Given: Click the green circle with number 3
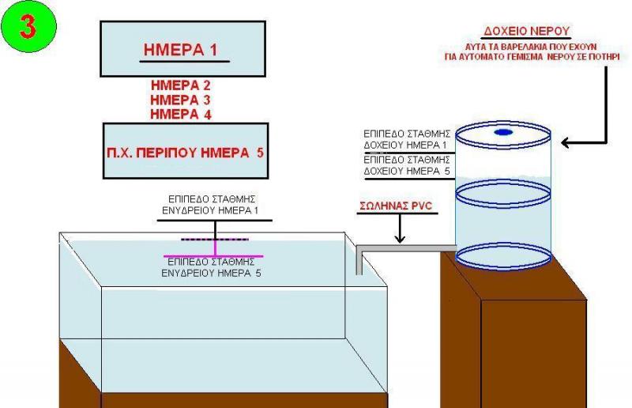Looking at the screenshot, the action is (28, 27).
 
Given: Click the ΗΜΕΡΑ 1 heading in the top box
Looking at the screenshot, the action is (180, 50).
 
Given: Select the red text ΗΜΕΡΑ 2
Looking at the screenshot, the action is (181, 85).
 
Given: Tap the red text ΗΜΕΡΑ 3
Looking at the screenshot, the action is (181, 100).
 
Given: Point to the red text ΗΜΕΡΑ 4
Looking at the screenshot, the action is (181, 114).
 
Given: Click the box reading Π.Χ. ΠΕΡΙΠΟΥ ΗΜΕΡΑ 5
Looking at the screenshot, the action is (186, 151).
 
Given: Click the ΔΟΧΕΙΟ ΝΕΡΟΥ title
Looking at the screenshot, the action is (526, 31).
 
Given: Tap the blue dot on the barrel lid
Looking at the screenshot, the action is (503, 132).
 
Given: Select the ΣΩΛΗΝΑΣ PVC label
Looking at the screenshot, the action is (396, 206).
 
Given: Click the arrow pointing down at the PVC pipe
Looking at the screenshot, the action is (400, 229).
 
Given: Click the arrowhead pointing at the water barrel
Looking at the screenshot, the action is (566, 142).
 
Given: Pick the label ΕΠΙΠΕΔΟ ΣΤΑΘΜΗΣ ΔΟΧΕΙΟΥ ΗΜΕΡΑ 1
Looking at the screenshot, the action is (407, 139).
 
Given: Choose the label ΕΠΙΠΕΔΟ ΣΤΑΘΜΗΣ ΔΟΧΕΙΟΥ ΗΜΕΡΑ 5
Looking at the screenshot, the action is (407, 165).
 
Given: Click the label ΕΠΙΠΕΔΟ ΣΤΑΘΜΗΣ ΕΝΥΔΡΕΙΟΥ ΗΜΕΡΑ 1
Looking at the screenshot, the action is (211, 205).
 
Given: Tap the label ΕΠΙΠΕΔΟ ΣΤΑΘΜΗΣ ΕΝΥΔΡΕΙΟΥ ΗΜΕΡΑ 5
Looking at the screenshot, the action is (211, 267).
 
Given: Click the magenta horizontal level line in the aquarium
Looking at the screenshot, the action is (213, 256).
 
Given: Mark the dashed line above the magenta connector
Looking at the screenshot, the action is (215, 240).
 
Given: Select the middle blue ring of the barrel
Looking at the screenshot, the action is (503, 194).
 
